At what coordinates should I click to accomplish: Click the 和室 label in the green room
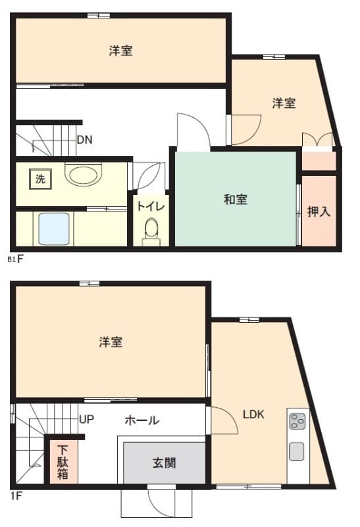236,200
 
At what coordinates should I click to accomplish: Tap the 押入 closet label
319,211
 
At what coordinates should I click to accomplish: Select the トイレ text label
151,206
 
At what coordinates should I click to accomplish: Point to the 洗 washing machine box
40,179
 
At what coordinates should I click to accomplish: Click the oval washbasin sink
84,175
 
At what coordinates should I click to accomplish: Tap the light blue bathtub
54,229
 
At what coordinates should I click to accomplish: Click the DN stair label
84,140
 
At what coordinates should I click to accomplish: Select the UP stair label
87,420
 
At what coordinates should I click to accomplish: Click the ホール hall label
141,420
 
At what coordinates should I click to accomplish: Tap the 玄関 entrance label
165,463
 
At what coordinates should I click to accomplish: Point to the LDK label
253,414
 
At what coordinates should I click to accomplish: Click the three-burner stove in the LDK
298,421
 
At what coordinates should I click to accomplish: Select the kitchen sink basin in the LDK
297,452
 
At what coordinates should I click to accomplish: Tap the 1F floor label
16,496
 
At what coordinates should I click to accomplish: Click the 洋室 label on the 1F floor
111,342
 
